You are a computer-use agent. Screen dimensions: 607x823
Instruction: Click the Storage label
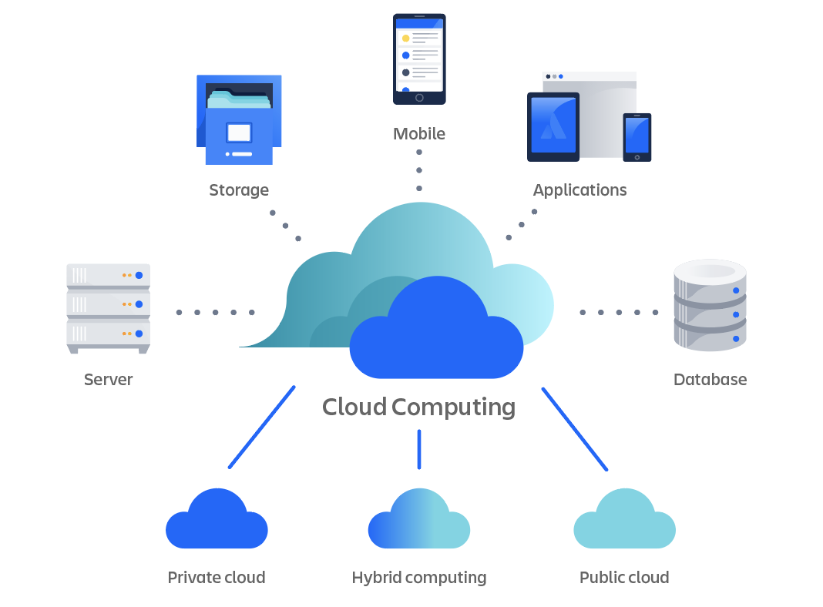pyautogui.click(x=239, y=189)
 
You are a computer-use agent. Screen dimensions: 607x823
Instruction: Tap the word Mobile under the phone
pyautogui.click(x=419, y=133)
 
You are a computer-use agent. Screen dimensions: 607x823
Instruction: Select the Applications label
pyautogui.click(x=579, y=189)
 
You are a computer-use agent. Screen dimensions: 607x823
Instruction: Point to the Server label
pyautogui.click(x=108, y=379)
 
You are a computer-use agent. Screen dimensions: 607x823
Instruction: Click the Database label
pyautogui.click(x=710, y=379)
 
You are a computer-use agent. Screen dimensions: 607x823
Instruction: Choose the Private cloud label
pyautogui.click(x=217, y=577)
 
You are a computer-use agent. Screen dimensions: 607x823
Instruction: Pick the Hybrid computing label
pyautogui.click(x=419, y=577)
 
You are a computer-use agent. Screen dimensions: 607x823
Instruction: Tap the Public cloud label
pyautogui.click(x=624, y=577)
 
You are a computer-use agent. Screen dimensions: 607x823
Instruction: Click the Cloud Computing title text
pyautogui.click(x=418, y=406)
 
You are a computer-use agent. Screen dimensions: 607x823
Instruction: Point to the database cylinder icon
pyautogui.click(x=710, y=306)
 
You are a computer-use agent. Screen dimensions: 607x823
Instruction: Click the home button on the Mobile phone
pyautogui.click(x=419, y=98)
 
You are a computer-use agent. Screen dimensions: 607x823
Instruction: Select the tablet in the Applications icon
pyautogui.click(x=553, y=127)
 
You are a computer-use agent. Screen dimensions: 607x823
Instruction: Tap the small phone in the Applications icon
pyautogui.click(x=637, y=136)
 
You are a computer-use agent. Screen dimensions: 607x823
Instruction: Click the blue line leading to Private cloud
pyautogui.click(x=262, y=427)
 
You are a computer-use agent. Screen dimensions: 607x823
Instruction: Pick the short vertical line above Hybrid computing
pyautogui.click(x=419, y=449)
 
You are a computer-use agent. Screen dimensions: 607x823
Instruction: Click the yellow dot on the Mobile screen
pyautogui.click(x=405, y=39)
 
